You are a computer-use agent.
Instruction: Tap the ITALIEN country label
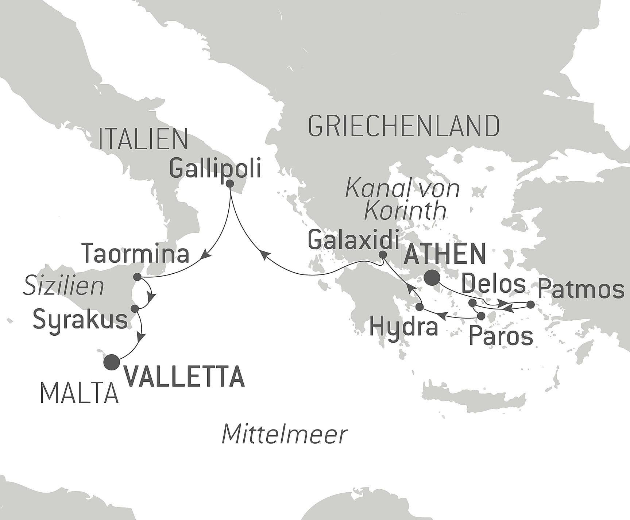[143, 139]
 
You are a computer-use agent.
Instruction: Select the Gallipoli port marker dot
[230, 184]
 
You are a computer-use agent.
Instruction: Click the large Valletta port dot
[112, 362]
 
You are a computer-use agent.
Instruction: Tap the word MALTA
[80, 394]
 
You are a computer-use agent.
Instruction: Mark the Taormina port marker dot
[137, 277]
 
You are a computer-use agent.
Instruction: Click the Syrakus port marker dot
[135, 308]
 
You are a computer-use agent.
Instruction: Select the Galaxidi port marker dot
[382, 255]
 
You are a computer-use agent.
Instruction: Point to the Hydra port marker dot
[420, 307]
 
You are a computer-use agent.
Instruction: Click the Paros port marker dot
[482, 316]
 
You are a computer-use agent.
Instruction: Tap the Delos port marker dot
[472, 303]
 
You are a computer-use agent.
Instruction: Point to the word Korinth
[405, 211]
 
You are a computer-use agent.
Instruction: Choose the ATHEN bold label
[445, 254]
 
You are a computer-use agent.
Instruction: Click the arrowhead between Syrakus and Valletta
[140, 337]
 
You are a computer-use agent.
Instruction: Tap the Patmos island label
[581, 289]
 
